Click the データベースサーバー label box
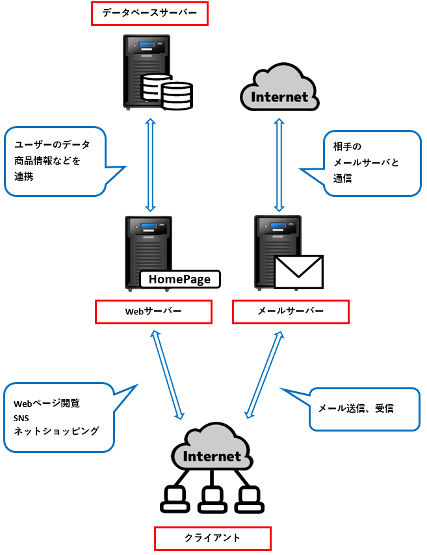(149, 14)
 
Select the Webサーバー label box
(153, 311)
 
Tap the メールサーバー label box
(291, 311)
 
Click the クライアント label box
(212, 538)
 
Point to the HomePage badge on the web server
(180, 279)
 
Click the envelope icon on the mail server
(298, 271)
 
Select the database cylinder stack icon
(167, 92)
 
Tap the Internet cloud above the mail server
(279, 90)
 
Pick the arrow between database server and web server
(150, 164)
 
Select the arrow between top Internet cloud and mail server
(279, 164)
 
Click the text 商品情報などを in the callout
(47, 161)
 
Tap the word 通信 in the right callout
(343, 178)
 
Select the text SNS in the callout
(21, 417)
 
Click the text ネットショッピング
(57, 430)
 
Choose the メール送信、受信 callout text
(356, 409)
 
